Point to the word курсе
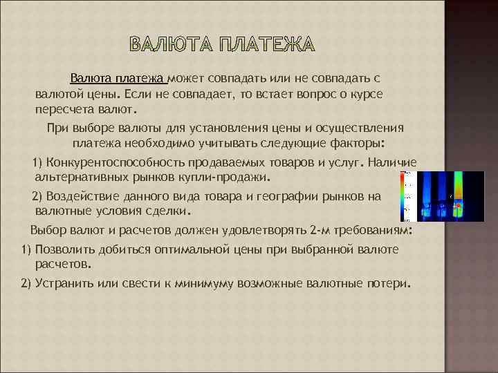pyautogui.click(x=360, y=95)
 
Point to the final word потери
pyautogui.click(x=389, y=283)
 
